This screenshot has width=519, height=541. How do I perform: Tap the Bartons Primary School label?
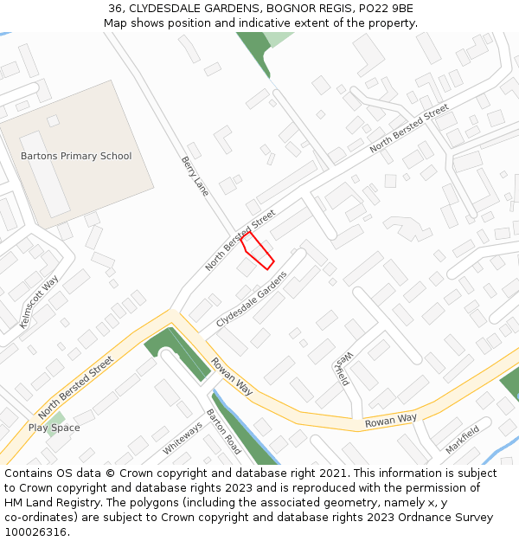point(76,156)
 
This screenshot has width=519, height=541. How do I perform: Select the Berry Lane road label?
point(195,176)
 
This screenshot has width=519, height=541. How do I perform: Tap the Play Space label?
point(54,428)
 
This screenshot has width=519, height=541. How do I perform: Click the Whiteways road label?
point(182,439)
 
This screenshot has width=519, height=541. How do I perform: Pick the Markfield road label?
point(463,441)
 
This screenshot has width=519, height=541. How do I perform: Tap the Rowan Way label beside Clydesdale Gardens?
point(232,377)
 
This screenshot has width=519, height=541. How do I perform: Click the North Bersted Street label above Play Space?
point(76,387)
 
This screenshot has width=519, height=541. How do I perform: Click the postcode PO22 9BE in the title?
point(388,9)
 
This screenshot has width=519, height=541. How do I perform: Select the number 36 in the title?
point(116,9)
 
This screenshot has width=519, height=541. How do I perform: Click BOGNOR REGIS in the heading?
point(315,9)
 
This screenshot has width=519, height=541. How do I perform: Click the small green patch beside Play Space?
point(58,419)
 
